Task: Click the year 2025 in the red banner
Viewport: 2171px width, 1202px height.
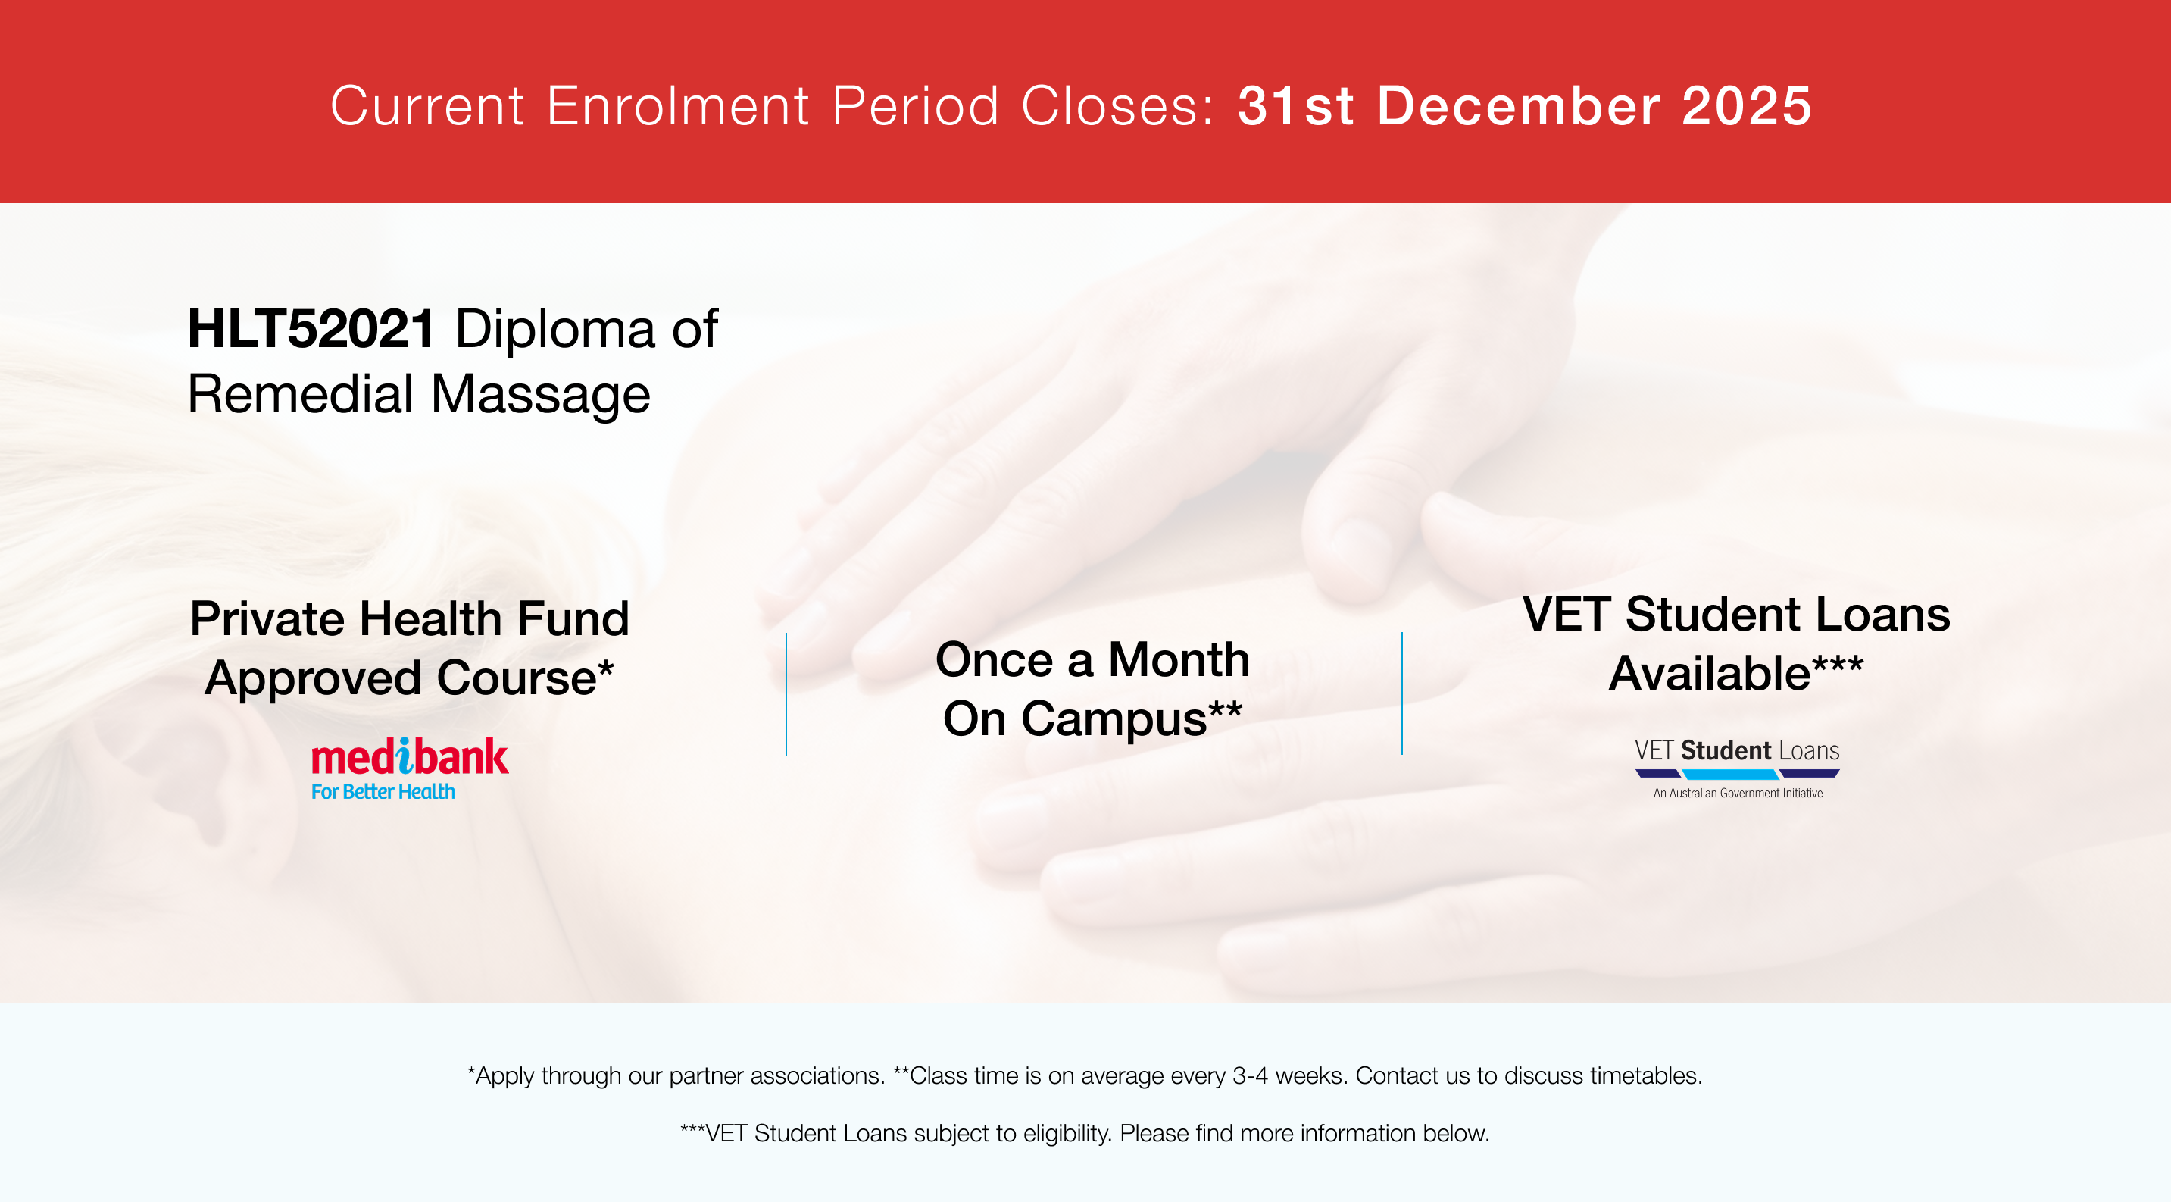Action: pos(1746,106)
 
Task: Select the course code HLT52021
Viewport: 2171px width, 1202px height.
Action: pos(311,328)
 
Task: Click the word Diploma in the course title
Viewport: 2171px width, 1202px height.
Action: pos(554,330)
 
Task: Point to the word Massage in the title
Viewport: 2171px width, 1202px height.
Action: pos(540,396)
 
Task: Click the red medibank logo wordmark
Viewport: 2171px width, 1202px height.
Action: pos(410,756)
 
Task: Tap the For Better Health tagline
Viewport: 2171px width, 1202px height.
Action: pos(383,791)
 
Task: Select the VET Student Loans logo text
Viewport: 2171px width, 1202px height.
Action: pos(1736,750)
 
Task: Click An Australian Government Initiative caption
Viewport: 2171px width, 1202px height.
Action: pos(1738,794)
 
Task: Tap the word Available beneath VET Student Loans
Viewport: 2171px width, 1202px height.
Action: pos(1709,674)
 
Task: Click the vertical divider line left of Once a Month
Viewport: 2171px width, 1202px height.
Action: pos(786,693)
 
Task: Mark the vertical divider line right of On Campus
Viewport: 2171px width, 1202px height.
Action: pos(1402,693)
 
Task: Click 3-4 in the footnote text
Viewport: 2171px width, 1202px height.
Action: pos(1250,1075)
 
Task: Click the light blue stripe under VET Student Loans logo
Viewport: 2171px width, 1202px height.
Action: pos(1730,774)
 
